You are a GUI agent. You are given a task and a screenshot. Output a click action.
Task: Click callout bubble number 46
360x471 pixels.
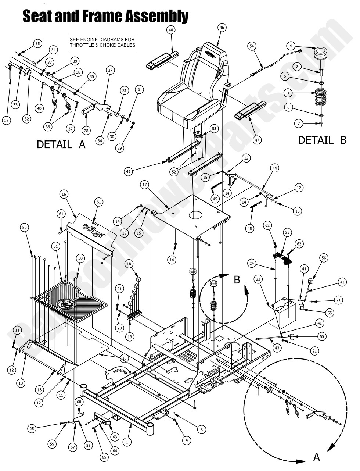(x=221, y=27)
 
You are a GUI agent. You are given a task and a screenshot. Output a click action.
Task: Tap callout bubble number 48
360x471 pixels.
(x=171, y=31)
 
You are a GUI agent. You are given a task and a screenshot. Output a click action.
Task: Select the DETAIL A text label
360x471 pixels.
(x=61, y=144)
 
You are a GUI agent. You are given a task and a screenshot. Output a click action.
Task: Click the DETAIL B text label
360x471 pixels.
(x=322, y=140)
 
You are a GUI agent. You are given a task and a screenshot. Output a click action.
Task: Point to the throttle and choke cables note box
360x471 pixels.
(x=102, y=42)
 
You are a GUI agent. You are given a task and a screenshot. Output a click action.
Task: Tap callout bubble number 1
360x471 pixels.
(x=127, y=442)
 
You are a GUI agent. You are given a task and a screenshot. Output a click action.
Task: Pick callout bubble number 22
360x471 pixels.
(x=258, y=279)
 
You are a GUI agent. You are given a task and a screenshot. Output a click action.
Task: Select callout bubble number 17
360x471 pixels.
(x=144, y=185)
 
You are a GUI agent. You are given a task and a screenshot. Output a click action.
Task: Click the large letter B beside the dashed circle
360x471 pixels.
(x=237, y=279)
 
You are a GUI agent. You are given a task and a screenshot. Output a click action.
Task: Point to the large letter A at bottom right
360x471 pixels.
(x=316, y=457)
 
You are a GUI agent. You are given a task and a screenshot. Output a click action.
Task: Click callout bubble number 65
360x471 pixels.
(x=104, y=458)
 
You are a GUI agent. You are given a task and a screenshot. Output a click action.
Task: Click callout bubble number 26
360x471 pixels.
(x=6, y=120)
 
